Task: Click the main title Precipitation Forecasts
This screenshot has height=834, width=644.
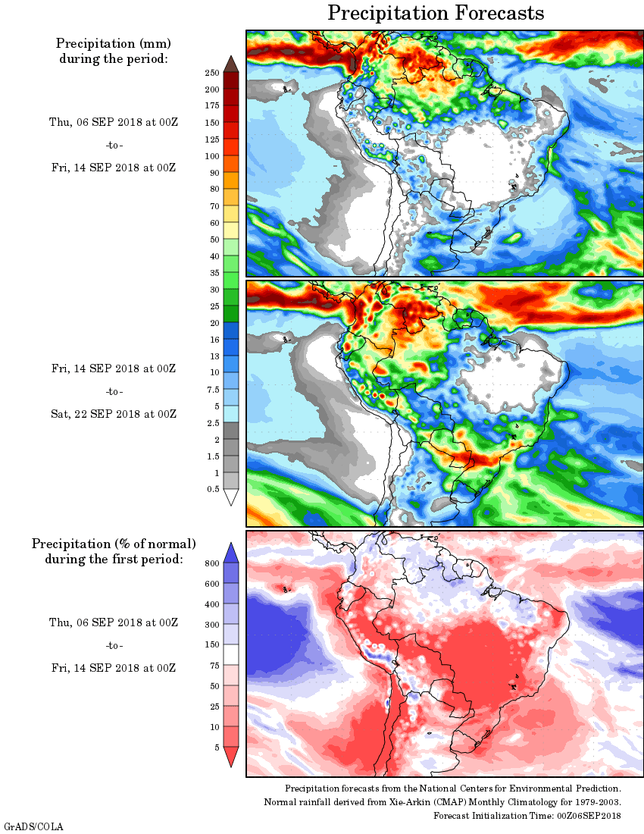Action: pyautogui.click(x=436, y=13)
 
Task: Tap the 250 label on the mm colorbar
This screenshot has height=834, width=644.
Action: pyautogui.click(x=212, y=73)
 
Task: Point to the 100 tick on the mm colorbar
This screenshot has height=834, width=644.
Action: pyautogui.click(x=212, y=156)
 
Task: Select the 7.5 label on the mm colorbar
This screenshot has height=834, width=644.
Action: pyautogui.click(x=212, y=389)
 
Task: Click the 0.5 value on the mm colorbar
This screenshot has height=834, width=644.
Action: pyautogui.click(x=212, y=489)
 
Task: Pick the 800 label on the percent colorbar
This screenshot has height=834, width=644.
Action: pyautogui.click(x=212, y=563)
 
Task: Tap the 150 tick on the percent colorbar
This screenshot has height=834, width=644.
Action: pyautogui.click(x=212, y=645)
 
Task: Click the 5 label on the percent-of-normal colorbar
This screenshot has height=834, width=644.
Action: pyautogui.click(x=217, y=748)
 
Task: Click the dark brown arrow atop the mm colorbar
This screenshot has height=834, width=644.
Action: pyautogui.click(x=232, y=64)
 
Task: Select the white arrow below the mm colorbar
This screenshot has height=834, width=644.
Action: pyautogui.click(x=232, y=497)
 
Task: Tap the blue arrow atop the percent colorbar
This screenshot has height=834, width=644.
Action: pyautogui.click(x=232, y=553)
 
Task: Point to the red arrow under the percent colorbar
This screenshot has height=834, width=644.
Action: pyautogui.click(x=232, y=757)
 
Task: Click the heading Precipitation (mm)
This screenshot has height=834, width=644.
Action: pyautogui.click(x=114, y=43)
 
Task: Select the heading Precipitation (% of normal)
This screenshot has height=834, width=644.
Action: pyautogui.click(x=114, y=544)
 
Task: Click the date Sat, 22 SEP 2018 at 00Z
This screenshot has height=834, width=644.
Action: pyautogui.click(x=114, y=414)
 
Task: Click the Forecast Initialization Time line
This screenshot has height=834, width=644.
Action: pyautogui.click(x=527, y=816)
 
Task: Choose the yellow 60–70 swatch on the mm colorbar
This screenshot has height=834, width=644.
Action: pyautogui.click(x=232, y=215)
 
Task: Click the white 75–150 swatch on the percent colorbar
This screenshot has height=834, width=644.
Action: pyautogui.click(x=232, y=655)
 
